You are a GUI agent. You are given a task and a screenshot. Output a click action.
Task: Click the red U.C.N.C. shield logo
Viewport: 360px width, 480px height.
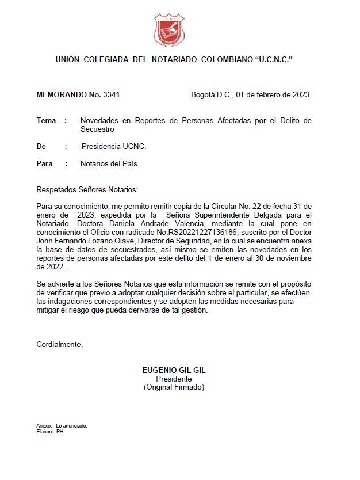[169, 31]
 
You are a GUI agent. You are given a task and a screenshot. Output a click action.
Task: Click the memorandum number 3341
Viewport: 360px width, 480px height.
[109, 95]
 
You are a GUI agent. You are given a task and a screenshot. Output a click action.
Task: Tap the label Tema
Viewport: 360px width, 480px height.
[46, 121]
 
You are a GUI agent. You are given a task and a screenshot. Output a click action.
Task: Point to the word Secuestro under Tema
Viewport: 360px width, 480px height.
[97, 129]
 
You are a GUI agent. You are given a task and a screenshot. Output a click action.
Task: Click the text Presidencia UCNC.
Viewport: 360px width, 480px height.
[114, 147]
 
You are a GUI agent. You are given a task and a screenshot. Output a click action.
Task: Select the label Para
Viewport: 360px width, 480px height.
[44, 164]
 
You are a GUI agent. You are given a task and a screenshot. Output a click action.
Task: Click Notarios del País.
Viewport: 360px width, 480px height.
[110, 164]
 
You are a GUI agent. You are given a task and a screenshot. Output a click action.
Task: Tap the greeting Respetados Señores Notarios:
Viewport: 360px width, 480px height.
[87, 189]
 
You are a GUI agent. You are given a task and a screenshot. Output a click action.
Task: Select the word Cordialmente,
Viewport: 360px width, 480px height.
[60, 345]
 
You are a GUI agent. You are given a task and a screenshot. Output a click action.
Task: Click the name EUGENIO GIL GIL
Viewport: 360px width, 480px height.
[174, 371]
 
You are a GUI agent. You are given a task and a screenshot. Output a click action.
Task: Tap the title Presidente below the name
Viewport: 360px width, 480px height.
[174, 379]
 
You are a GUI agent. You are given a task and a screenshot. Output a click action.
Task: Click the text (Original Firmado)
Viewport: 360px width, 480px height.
[174, 388]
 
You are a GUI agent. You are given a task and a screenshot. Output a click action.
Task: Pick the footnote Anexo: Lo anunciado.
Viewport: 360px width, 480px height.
[62, 426]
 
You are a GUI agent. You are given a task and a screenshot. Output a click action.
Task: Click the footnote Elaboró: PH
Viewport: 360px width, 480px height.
[49, 431]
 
